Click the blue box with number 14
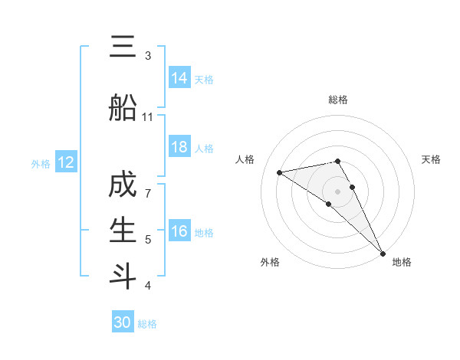[x=179, y=77]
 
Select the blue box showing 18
[x=179, y=147]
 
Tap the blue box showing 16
[x=179, y=231]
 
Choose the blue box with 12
[x=66, y=162]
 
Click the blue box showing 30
[x=123, y=322]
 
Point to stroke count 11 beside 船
[x=148, y=116]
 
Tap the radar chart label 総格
[x=338, y=100]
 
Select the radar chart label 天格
[x=431, y=159]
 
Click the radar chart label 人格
[x=245, y=159]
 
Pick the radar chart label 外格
[x=270, y=262]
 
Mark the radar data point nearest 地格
[x=383, y=253]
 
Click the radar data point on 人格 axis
[x=280, y=172]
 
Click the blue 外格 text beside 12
[x=40, y=163]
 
